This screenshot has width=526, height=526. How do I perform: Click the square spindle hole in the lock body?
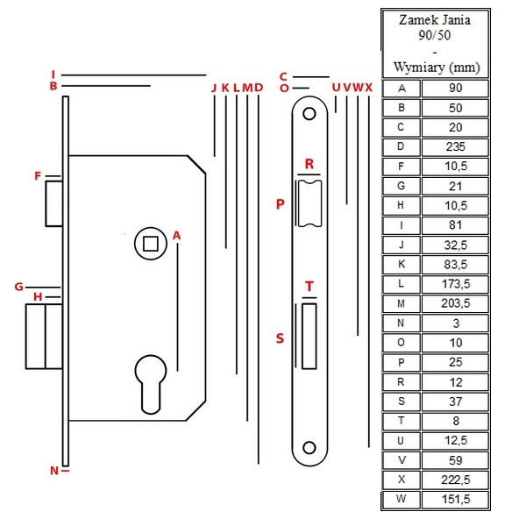tap(151, 244)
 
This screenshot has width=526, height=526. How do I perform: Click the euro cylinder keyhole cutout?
tap(151, 384)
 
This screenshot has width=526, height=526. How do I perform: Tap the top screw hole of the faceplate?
tap(309, 114)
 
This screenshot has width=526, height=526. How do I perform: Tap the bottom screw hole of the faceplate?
tap(309, 447)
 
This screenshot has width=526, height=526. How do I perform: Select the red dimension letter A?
tap(177, 236)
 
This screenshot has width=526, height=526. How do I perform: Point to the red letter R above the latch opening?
tap(309, 164)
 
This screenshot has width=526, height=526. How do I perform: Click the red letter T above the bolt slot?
tap(309, 287)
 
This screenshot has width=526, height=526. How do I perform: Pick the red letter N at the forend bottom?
tap(54, 471)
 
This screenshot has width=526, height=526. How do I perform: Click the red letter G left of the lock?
tap(19, 287)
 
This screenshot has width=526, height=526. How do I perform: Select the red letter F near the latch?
tap(38, 175)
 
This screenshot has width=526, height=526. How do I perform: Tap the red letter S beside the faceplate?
tap(281, 338)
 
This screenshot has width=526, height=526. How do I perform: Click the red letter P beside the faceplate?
tap(281, 204)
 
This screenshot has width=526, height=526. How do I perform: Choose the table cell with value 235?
tap(455, 146)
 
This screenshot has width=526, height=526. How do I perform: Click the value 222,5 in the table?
tap(455, 480)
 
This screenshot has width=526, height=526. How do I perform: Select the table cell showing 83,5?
tap(455, 265)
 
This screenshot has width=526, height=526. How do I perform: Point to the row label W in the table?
tap(402, 499)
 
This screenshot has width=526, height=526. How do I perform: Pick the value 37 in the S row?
tap(456, 402)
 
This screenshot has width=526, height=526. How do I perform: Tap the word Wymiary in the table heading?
tap(419, 68)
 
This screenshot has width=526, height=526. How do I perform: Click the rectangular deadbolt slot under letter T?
tap(309, 336)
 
